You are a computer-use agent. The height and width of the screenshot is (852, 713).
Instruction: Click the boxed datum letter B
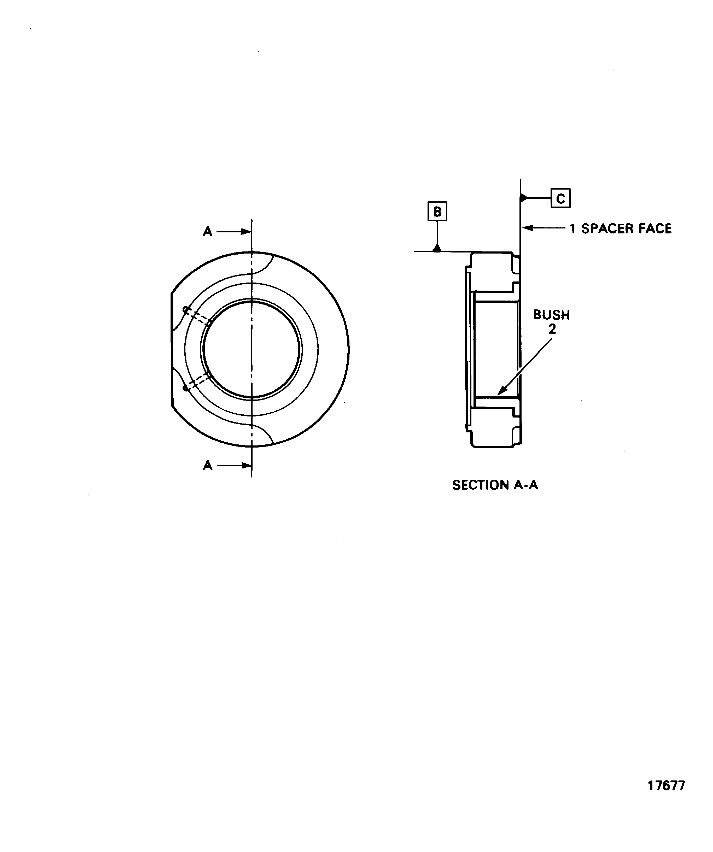(437, 211)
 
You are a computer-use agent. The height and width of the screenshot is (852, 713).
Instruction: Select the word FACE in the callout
(655, 229)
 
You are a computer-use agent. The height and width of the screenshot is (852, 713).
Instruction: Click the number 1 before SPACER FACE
(572, 229)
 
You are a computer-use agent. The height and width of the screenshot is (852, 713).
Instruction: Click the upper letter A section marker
(207, 232)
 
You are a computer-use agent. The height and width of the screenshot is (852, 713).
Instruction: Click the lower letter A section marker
(207, 465)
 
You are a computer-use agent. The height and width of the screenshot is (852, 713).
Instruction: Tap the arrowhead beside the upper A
(246, 232)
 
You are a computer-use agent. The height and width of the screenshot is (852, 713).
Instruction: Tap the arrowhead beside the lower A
(246, 465)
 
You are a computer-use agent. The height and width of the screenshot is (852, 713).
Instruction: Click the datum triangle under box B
(437, 248)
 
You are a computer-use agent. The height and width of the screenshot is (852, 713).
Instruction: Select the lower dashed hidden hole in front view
(197, 382)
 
